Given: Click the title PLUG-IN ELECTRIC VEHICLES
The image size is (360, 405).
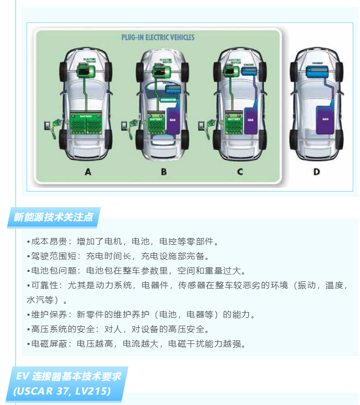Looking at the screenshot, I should pyautogui.click(x=158, y=38).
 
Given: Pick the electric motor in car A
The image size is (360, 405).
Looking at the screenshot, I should pyautogui.click(x=84, y=69).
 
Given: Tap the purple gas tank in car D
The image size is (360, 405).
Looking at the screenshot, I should pyautogui.click(x=325, y=118).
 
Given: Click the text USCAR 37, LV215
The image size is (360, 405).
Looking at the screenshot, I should pyautogui.click(x=62, y=391).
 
